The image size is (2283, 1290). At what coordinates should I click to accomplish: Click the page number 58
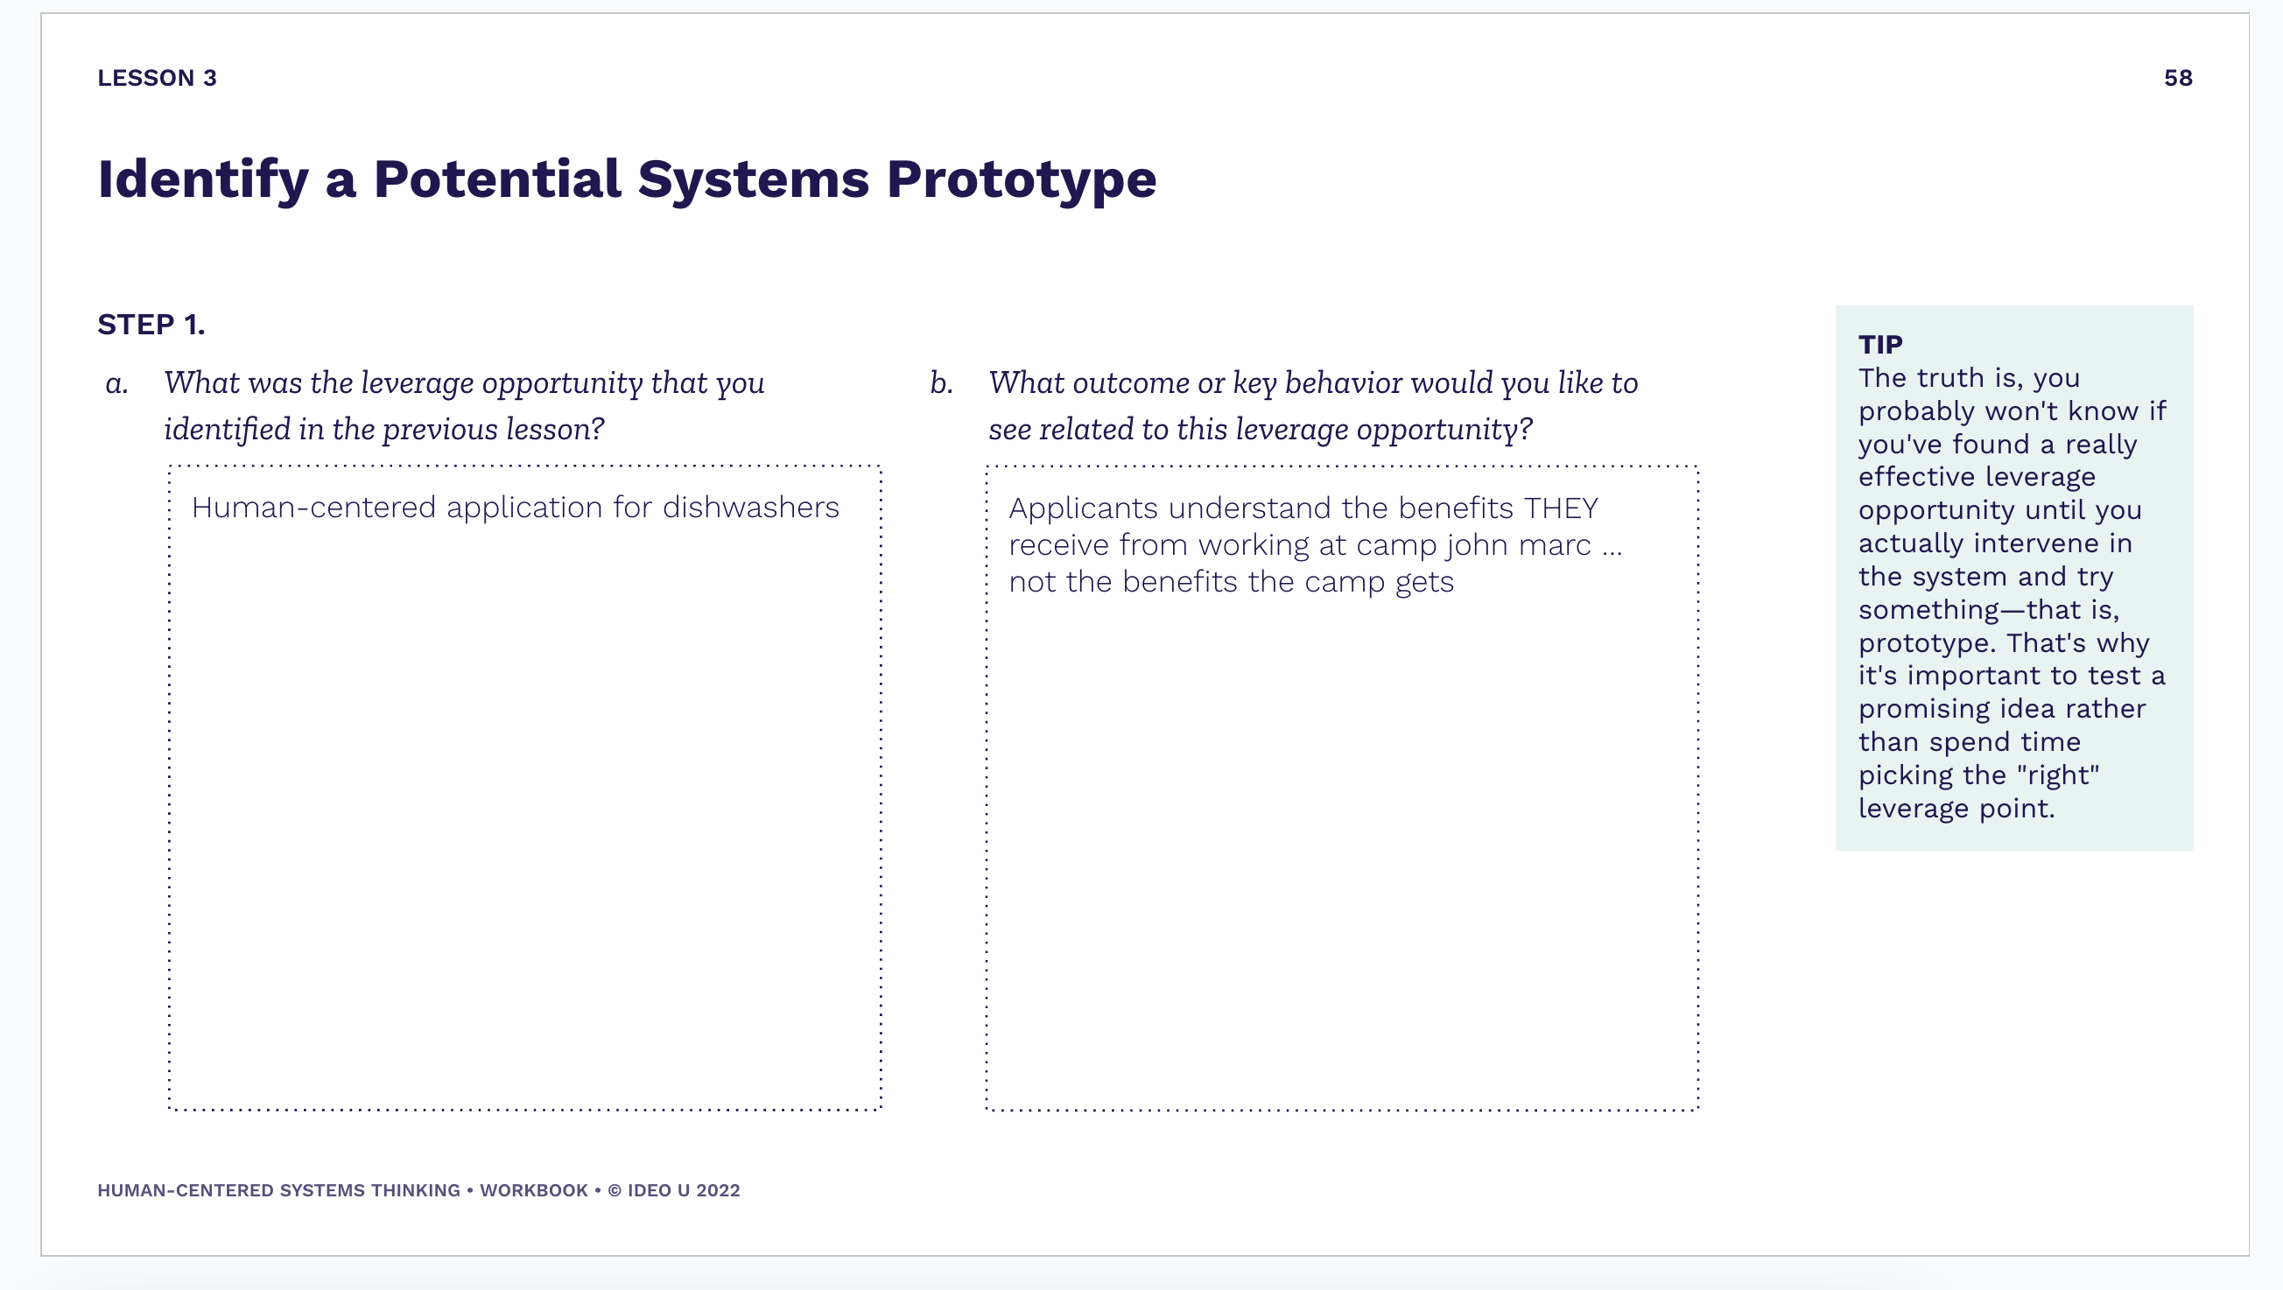(2178, 78)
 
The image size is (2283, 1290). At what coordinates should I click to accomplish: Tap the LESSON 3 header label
(157, 78)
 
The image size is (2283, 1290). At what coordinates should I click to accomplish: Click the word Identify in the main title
(203, 180)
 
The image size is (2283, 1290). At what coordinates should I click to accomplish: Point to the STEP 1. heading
(151, 325)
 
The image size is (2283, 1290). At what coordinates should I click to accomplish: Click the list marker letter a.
(117, 383)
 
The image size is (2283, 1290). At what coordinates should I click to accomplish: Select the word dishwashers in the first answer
(751, 508)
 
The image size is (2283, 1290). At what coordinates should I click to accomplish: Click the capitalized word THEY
(1561, 508)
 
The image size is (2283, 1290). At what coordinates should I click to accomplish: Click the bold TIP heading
(1880, 344)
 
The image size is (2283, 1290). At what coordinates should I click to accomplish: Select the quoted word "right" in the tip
(2058, 775)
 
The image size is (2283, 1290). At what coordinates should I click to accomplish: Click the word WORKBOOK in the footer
(533, 1190)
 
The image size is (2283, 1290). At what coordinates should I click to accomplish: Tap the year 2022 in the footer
(718, 1190)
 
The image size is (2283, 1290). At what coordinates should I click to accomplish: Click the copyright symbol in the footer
(615, 1190)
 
